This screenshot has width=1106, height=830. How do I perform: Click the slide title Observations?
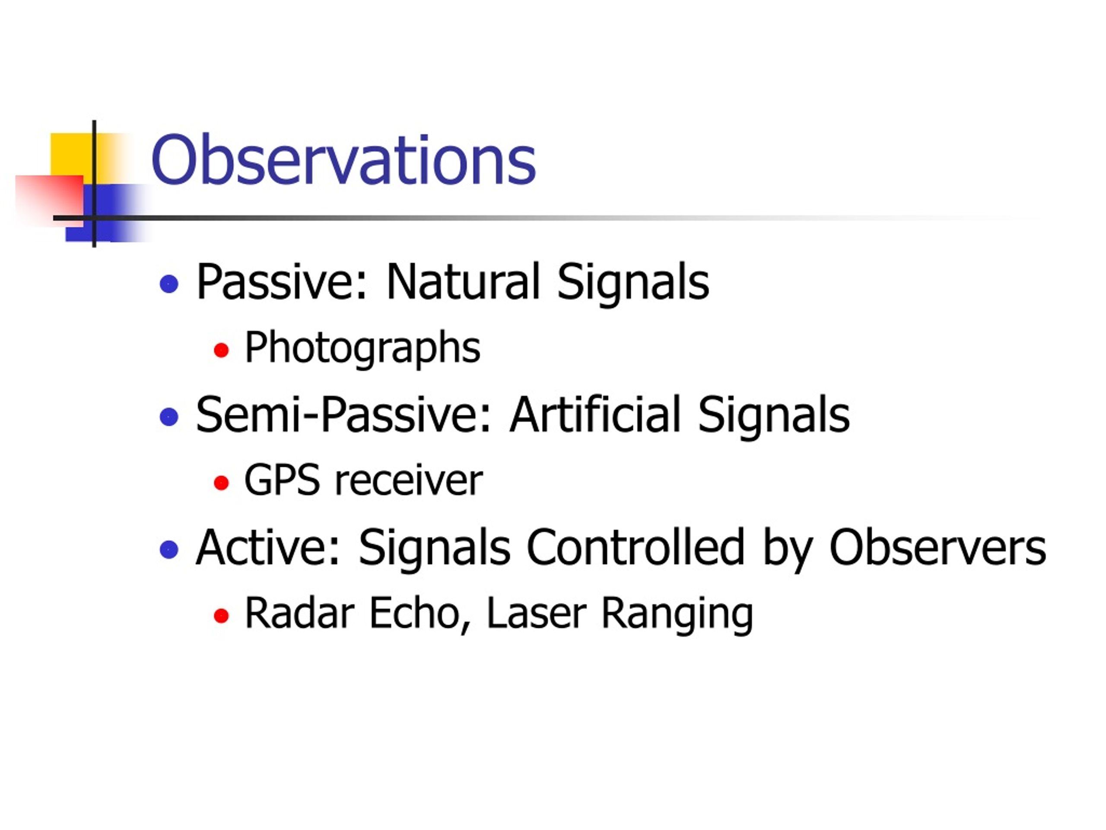[343, 160]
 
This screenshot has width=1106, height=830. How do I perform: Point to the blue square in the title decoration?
[108, 213]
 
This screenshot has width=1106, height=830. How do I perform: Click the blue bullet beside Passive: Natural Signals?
[169, 284]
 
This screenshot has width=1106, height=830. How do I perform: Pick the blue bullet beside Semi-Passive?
[169, 416]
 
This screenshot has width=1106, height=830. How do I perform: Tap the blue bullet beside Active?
[169, 549]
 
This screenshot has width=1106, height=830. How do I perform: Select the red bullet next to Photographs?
[221, 350]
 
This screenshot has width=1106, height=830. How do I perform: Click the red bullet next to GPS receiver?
[221, 483]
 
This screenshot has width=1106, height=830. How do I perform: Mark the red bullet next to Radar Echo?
[221, 616]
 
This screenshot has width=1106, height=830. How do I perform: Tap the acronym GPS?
[282, 480]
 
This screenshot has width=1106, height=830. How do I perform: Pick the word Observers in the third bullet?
[938, 547]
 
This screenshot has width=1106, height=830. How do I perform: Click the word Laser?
[537, 613]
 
